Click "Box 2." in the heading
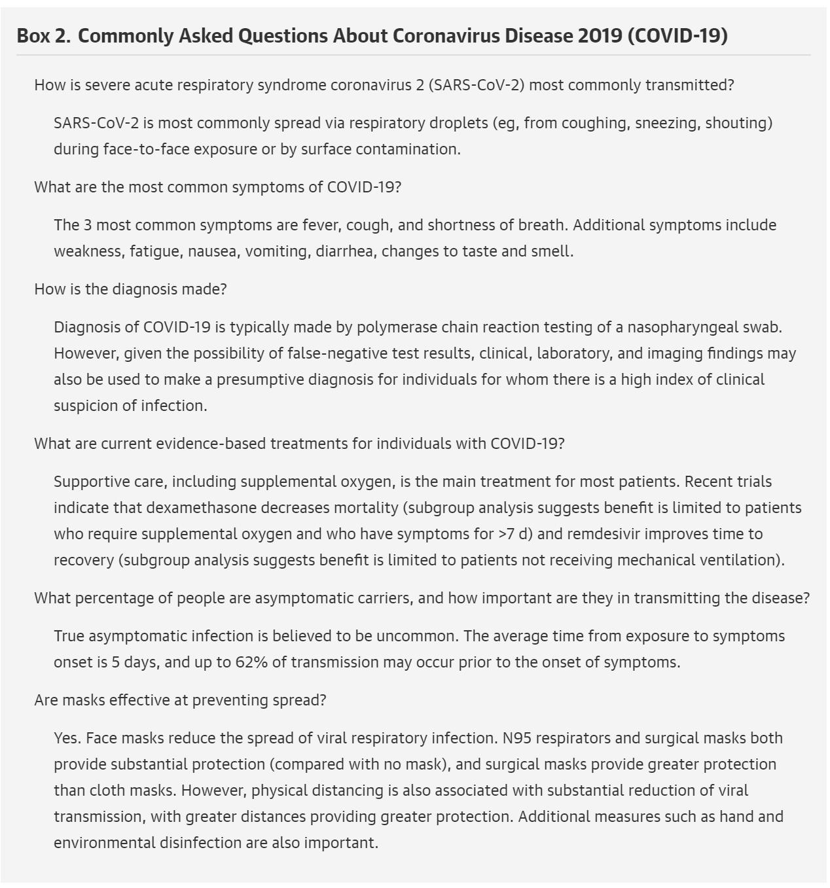pyautogui.click(x=43, y=35)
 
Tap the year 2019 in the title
pyautogui.click(x=600, y=35)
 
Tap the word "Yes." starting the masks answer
pyautogui.click(x=67, y=738)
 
